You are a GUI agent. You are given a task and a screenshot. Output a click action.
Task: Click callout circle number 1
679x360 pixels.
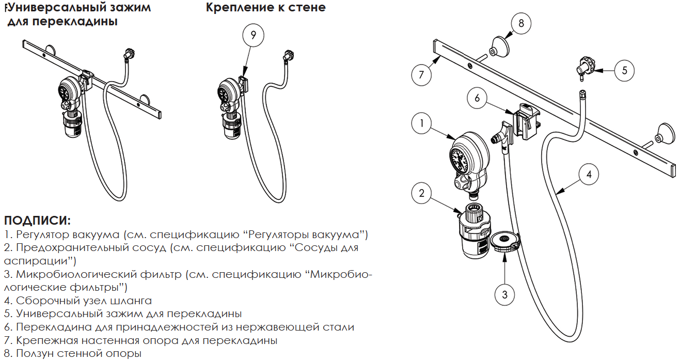tap(421, 123)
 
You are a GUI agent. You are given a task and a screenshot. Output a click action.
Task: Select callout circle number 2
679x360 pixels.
tap(421, 193)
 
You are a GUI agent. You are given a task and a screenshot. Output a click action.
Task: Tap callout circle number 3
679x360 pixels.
tap(504, 294)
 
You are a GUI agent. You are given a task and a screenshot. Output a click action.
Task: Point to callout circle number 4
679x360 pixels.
tap(589, 175)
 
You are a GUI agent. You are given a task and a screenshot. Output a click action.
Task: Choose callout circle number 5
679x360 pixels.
tap(624, 70)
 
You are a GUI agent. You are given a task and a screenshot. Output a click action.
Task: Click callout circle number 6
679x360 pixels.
tap(477, 98)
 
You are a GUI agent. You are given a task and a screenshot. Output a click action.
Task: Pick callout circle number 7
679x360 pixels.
tap(421, 74)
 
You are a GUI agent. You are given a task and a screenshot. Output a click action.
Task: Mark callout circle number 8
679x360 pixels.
tap(521, 23)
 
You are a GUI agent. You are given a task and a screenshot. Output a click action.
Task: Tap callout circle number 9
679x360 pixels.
tap(253, 35)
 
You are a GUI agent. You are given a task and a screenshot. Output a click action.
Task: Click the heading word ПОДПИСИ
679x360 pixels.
tap(37, 221)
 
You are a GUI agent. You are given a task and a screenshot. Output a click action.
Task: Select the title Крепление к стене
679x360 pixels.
tap(265, 7)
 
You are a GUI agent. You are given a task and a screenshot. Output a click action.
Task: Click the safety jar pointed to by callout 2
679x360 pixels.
tap(474, 230)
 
